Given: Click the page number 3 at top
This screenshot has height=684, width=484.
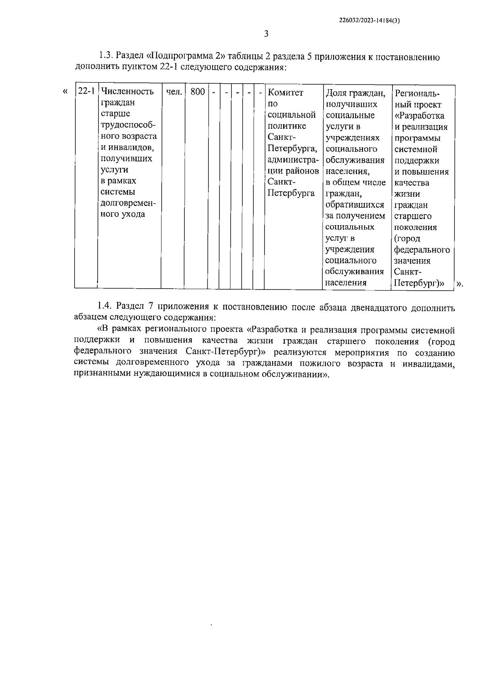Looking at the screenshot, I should pos(266,34).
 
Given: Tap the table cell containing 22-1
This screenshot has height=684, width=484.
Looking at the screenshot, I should pos(86,92).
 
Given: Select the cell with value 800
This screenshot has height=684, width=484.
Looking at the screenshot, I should pos(198,92).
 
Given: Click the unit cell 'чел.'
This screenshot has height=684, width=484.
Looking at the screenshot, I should pos(174,92).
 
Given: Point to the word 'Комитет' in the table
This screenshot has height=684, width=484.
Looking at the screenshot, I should pos(286,93).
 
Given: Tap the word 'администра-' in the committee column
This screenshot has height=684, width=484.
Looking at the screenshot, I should pos(293,160).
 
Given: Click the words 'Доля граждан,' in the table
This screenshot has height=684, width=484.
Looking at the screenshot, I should pos(355,93).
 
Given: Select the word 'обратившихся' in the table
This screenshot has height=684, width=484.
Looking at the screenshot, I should pos(355,205).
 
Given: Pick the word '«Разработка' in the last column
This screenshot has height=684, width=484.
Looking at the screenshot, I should pos(419,116).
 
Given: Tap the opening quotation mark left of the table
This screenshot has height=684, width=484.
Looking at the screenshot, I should pos(65,92).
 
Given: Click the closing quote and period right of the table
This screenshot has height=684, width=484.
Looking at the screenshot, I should pos(460,284).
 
